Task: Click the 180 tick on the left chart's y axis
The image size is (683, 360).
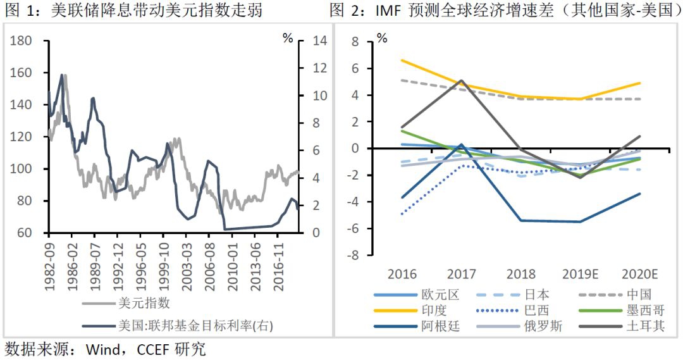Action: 22,41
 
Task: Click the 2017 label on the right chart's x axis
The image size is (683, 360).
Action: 462,274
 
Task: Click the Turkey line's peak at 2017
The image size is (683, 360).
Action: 462,81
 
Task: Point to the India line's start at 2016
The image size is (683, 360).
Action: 403,60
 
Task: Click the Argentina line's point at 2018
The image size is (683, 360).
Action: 520,220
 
